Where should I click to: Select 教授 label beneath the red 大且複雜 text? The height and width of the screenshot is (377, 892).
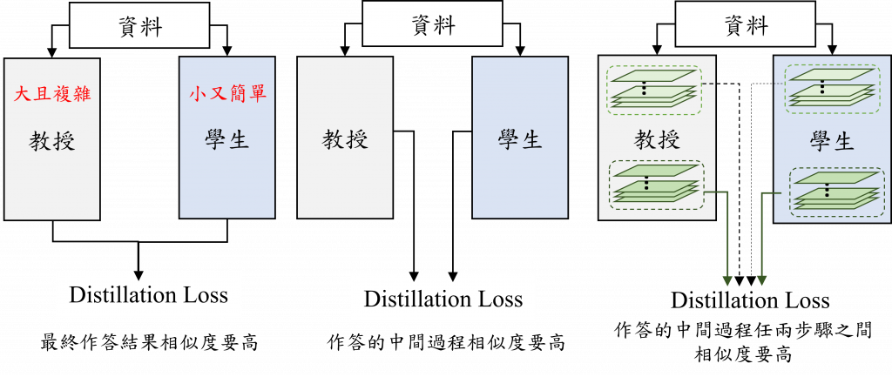tap(52, 140)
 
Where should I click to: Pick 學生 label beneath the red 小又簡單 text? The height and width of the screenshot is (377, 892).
tap(227, 140)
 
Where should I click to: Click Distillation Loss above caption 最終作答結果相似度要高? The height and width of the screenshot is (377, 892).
tap(148, 294)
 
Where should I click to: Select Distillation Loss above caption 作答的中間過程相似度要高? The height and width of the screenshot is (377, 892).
tap(443, 300)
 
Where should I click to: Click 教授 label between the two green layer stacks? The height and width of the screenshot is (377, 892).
tap(657, 138)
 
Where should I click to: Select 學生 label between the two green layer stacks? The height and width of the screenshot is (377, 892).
tap(832, 140)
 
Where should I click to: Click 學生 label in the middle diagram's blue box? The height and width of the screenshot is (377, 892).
tap(520, 139)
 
